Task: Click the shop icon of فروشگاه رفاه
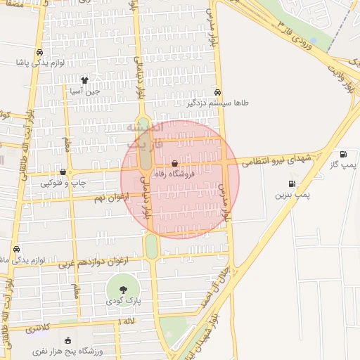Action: pos(174,163)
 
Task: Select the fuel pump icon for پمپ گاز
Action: pos(343,155)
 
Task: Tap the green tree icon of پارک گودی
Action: pos(123,288)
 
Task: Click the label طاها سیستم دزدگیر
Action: pos(217,103)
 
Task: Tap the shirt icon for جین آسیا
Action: pos(84,80)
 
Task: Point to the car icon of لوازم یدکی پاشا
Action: pos(40,53)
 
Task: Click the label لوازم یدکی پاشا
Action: pos(41,63)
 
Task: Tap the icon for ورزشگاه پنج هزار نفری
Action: pos(67,340)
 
